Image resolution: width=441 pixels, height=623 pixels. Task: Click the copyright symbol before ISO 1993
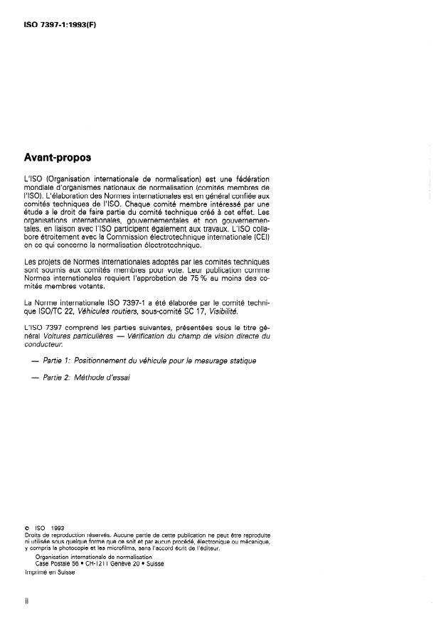26,528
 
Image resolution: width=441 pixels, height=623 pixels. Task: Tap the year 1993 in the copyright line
57,528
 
